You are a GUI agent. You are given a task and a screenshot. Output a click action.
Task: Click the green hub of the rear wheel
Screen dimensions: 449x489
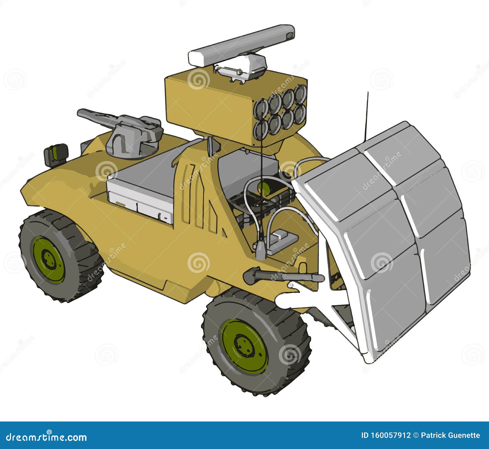(x=48, y=259)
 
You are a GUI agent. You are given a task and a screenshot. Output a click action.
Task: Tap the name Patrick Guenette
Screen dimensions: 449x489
(x=450, y=435)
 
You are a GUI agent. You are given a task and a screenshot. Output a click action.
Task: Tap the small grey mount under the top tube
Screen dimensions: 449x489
(x=241, y=69)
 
